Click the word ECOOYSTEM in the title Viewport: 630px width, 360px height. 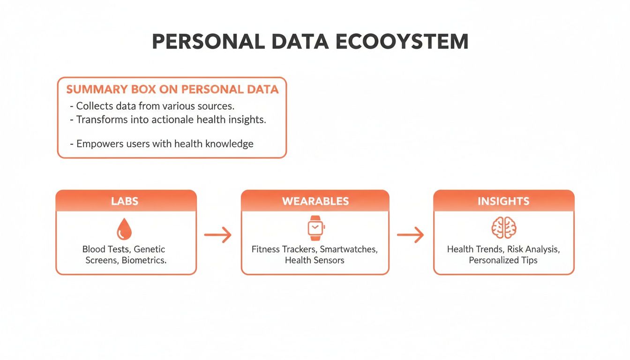point(403,42)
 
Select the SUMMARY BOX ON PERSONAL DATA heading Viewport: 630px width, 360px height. point(172,89)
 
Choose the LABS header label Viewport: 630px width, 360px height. point(125,201)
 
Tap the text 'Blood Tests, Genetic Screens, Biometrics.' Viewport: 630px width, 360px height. point(125,255)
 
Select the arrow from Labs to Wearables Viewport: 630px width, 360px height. point(218,235)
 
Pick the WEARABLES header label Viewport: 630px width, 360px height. point(315,201)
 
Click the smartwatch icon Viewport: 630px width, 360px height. point(315,228)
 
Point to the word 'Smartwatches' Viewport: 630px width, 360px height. point(348,249)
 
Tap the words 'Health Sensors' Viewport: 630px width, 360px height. point(315,260)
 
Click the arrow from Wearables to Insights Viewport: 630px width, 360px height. point(410,235)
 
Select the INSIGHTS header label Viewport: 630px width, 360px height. point(503,201)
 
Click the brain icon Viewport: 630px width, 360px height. point(504,228)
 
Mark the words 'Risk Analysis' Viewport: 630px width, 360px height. point(533,249)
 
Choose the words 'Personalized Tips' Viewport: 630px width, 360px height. point(503,260)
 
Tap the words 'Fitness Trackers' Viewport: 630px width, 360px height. point(284,249)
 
